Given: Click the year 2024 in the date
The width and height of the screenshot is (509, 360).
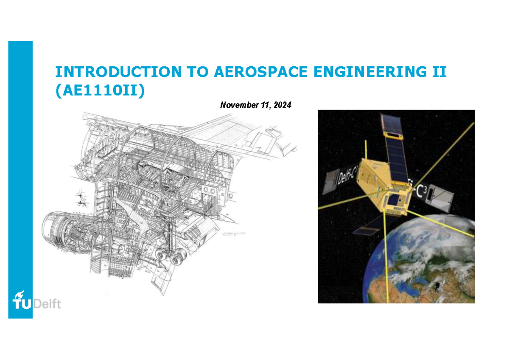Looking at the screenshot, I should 282,105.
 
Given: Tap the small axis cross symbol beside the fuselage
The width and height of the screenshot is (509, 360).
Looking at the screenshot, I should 81,196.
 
